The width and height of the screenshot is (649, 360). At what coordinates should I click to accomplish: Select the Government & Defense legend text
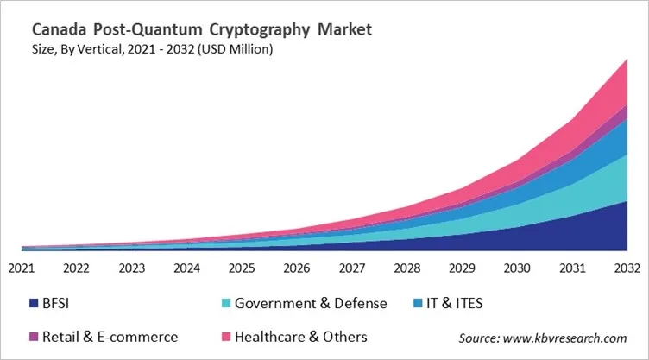(311, 303)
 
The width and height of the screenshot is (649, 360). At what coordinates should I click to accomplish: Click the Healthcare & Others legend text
(299, 337)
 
